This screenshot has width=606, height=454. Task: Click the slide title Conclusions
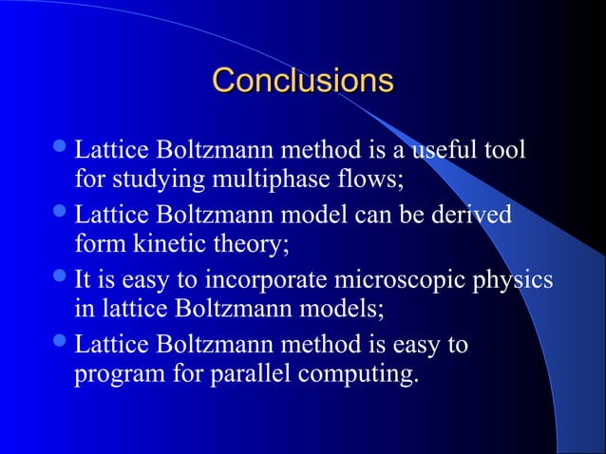point(302,79)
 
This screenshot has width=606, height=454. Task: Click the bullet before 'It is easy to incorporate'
point(62,279)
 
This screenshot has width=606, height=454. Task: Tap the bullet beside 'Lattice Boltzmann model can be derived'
point(62,215)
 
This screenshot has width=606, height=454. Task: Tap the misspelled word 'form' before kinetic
point(96,245)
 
